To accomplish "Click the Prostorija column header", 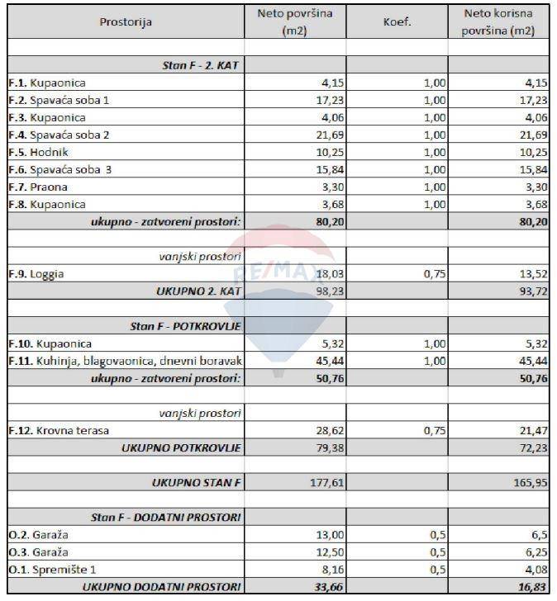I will pos(126,23).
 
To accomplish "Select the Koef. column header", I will pos(397,22).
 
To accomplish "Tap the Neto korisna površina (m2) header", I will pos(498,22).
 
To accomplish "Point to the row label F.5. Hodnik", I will pos(38,153).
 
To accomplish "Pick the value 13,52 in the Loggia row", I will pos(533,274).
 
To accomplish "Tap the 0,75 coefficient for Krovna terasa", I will pos(433,430).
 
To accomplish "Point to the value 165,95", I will pos(531,482).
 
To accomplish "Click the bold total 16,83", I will pos(531,586).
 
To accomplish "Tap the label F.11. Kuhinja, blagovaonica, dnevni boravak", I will pos(125,361).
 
